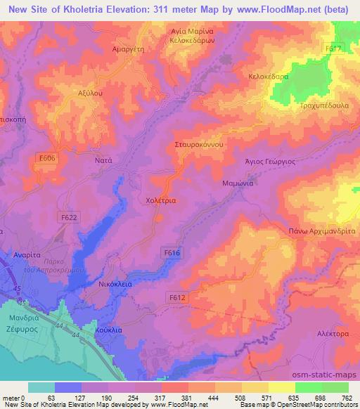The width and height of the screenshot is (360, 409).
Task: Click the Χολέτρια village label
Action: [x=160, y=200]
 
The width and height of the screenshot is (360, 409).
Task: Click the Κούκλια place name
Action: [x=108, y=329]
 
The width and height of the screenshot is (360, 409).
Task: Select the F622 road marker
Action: [x=69, y=219]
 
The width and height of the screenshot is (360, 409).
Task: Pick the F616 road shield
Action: [x=171, y=251]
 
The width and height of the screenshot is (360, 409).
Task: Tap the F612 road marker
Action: [x=177, y=298]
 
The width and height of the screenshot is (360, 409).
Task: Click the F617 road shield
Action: [x=335, y=48]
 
